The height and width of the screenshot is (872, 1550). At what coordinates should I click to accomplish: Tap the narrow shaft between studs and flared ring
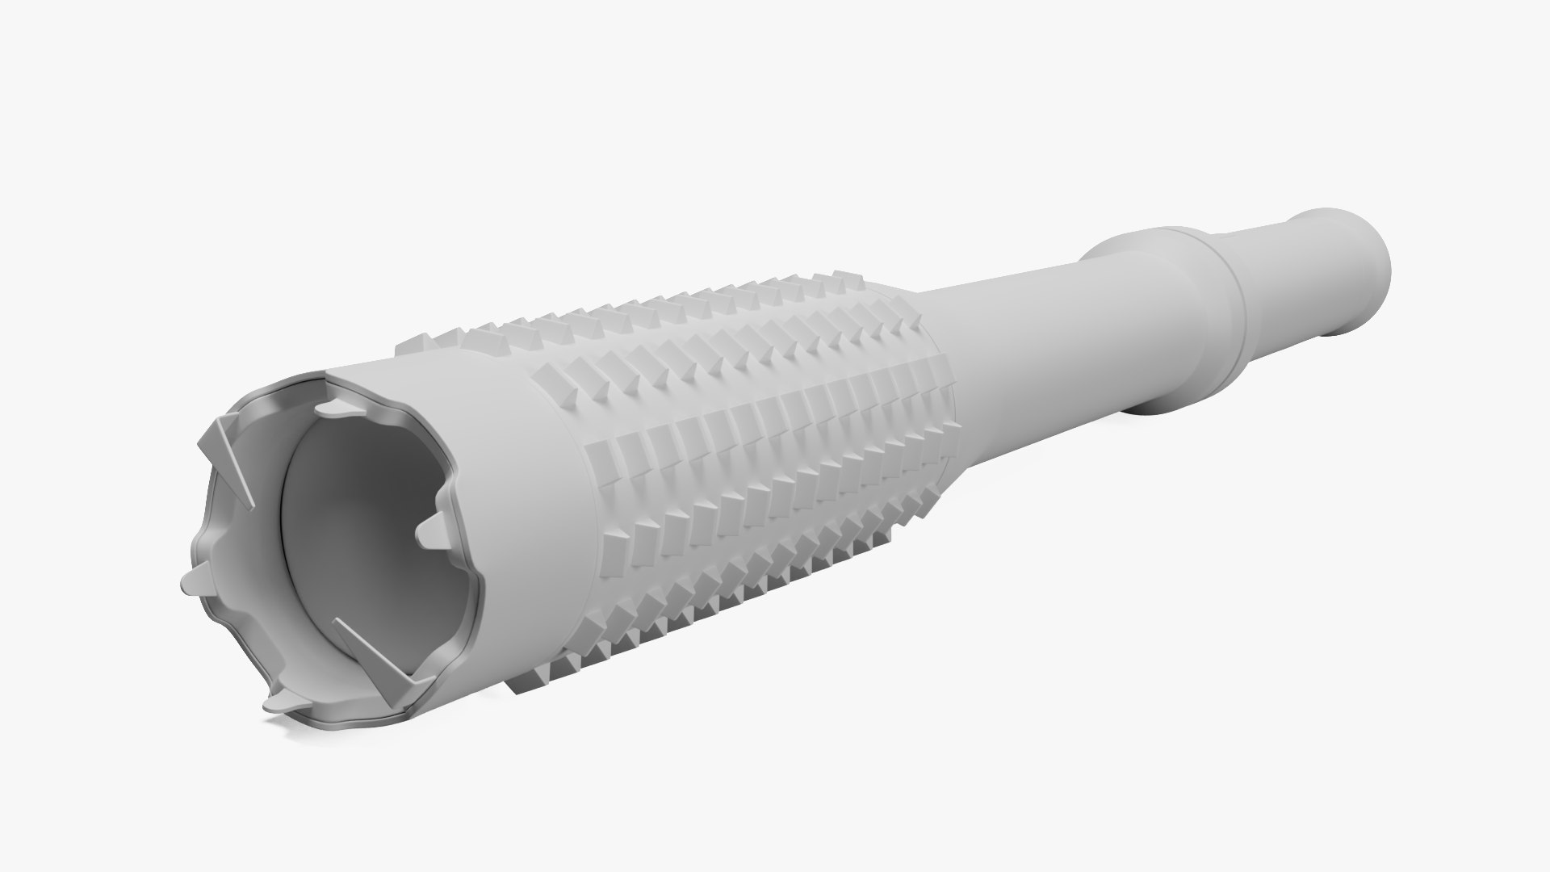click(1017, 323)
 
